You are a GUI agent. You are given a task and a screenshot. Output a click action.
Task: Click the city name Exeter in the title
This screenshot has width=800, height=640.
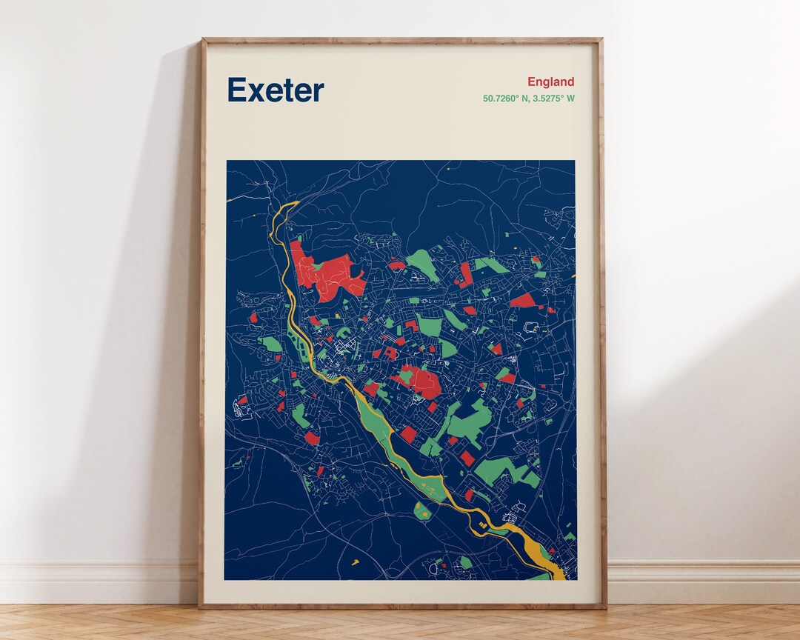point(276,90)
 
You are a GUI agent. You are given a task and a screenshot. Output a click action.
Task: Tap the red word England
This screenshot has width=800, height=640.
point(550,82)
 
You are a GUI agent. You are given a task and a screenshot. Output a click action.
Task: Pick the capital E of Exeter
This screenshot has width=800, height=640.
point(236,90)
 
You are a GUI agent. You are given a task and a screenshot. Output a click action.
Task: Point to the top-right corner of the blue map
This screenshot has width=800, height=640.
point(574,161)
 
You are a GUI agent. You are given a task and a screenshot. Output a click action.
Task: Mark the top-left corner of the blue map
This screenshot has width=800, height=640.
point(227,161)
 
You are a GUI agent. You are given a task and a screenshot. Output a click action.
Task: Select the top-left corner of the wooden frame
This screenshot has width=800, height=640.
point(202,39)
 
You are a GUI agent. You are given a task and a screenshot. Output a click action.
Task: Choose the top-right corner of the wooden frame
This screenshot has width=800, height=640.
point(602,39)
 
